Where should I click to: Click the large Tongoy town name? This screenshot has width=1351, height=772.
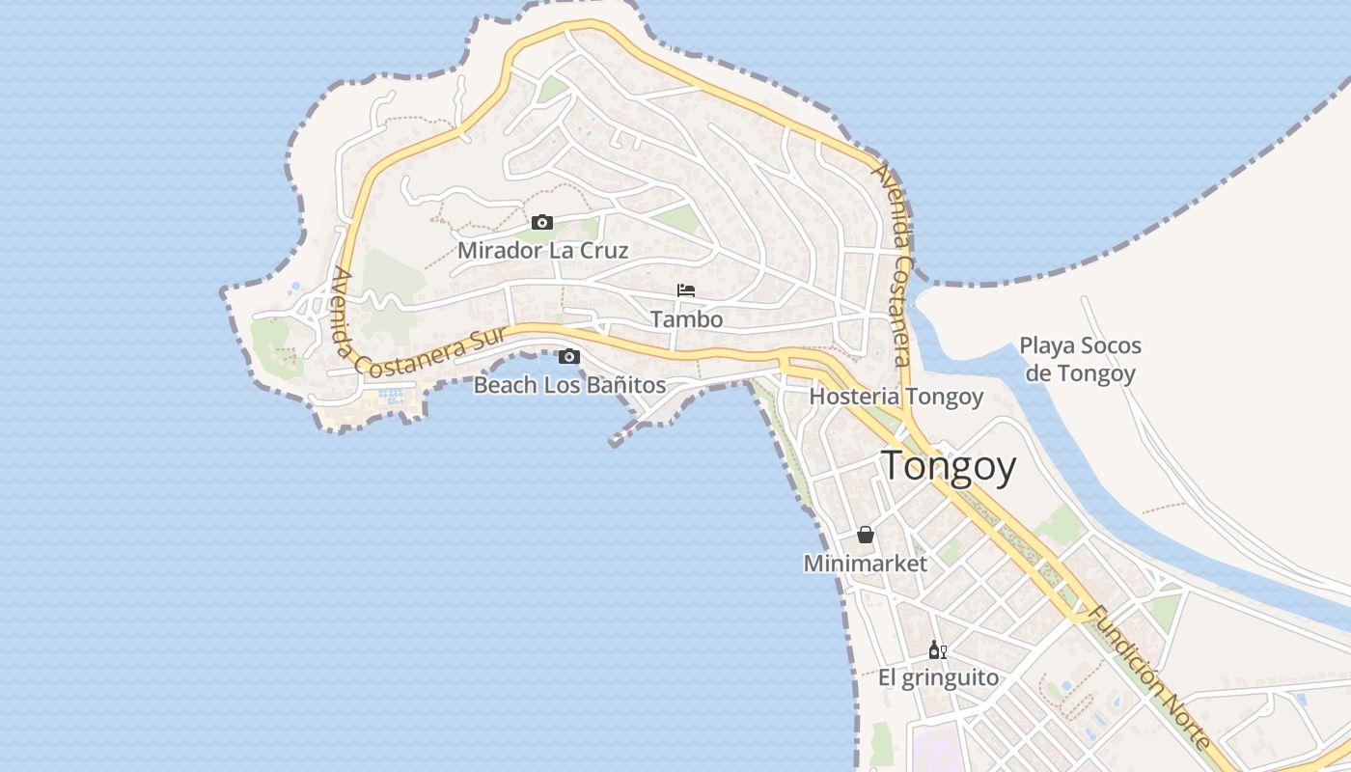(949, 466)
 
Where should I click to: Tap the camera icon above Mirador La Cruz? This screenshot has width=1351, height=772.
(542, 223)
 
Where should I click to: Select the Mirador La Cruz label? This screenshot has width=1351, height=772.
(542, 251)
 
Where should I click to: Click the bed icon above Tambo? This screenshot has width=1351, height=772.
(686, 289)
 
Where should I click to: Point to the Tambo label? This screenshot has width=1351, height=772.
(686, 318)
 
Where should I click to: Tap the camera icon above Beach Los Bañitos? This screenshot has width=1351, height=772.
(569, 357)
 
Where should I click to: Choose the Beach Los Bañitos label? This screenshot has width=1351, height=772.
(569, 385)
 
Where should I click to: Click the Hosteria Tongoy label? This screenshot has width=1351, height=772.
(896, 397)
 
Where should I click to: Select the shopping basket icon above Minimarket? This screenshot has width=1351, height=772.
(866, 535)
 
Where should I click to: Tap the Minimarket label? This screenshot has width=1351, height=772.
(866, 564)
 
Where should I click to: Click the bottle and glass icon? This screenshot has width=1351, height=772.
(937, 649)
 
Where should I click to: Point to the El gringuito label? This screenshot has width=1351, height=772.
(938, 677)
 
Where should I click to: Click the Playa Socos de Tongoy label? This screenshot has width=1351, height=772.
(1080, 359)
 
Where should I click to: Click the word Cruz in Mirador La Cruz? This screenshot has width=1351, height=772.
(603, 251)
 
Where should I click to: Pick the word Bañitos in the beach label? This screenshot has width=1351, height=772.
(628, 385)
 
